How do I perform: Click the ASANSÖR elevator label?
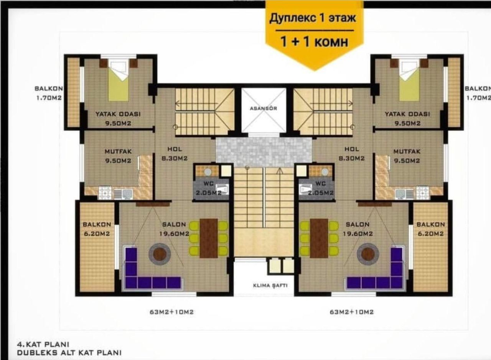263,108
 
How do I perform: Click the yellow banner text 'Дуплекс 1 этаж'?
312,18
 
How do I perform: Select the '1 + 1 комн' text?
314,41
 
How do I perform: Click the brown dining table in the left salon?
209,238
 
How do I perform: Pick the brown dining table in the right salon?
319,238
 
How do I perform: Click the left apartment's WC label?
209,188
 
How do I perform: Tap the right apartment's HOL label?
352,153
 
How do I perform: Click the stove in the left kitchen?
105,193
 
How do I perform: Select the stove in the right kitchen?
423,193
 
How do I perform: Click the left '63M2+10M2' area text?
171,312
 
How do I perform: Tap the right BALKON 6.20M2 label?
430,228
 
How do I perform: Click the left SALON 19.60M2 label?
174,228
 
